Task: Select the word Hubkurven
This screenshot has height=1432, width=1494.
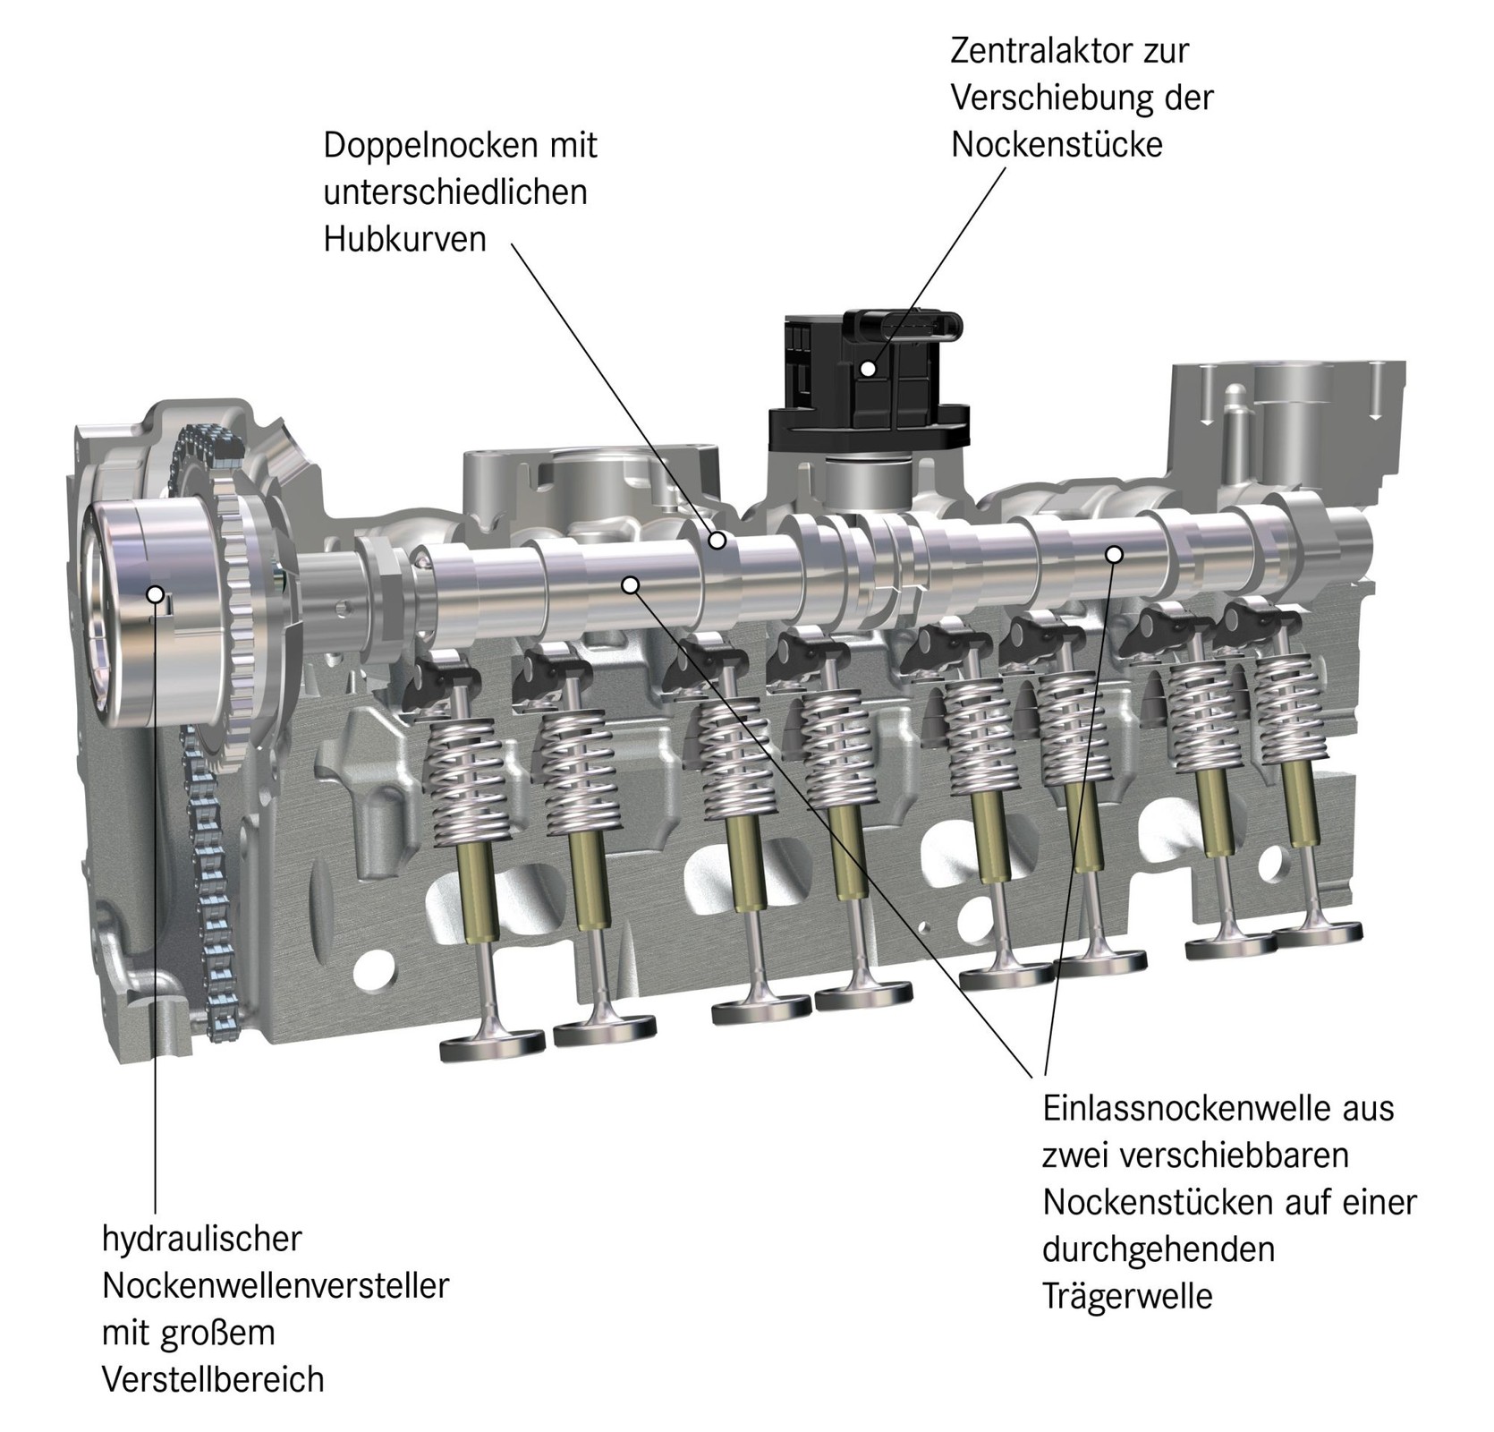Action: click(x=404, y=240)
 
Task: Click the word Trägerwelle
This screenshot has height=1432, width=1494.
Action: click(x=1126, y=1296)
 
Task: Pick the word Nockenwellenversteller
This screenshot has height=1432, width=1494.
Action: click(x=275, y=1286)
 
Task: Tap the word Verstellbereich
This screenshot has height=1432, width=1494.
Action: click(x=212, y=1379)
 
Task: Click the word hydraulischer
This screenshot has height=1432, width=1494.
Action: click(x=201, y=1239)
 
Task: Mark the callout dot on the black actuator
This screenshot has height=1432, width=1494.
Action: click(x=868, y=368)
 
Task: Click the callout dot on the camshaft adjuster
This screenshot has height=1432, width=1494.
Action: click(x=156, y=593)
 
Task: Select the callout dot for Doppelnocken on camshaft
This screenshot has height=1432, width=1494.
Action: click(x=717, y=541)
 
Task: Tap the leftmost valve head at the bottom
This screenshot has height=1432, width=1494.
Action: click(x=492, y=1044)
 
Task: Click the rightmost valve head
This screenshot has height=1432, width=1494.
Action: click(x=1317, y=934)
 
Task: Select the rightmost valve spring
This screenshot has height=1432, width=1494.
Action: click(x=1288, y=707)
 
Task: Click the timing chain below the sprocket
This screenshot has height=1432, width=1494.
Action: click(x=213, y=895)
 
